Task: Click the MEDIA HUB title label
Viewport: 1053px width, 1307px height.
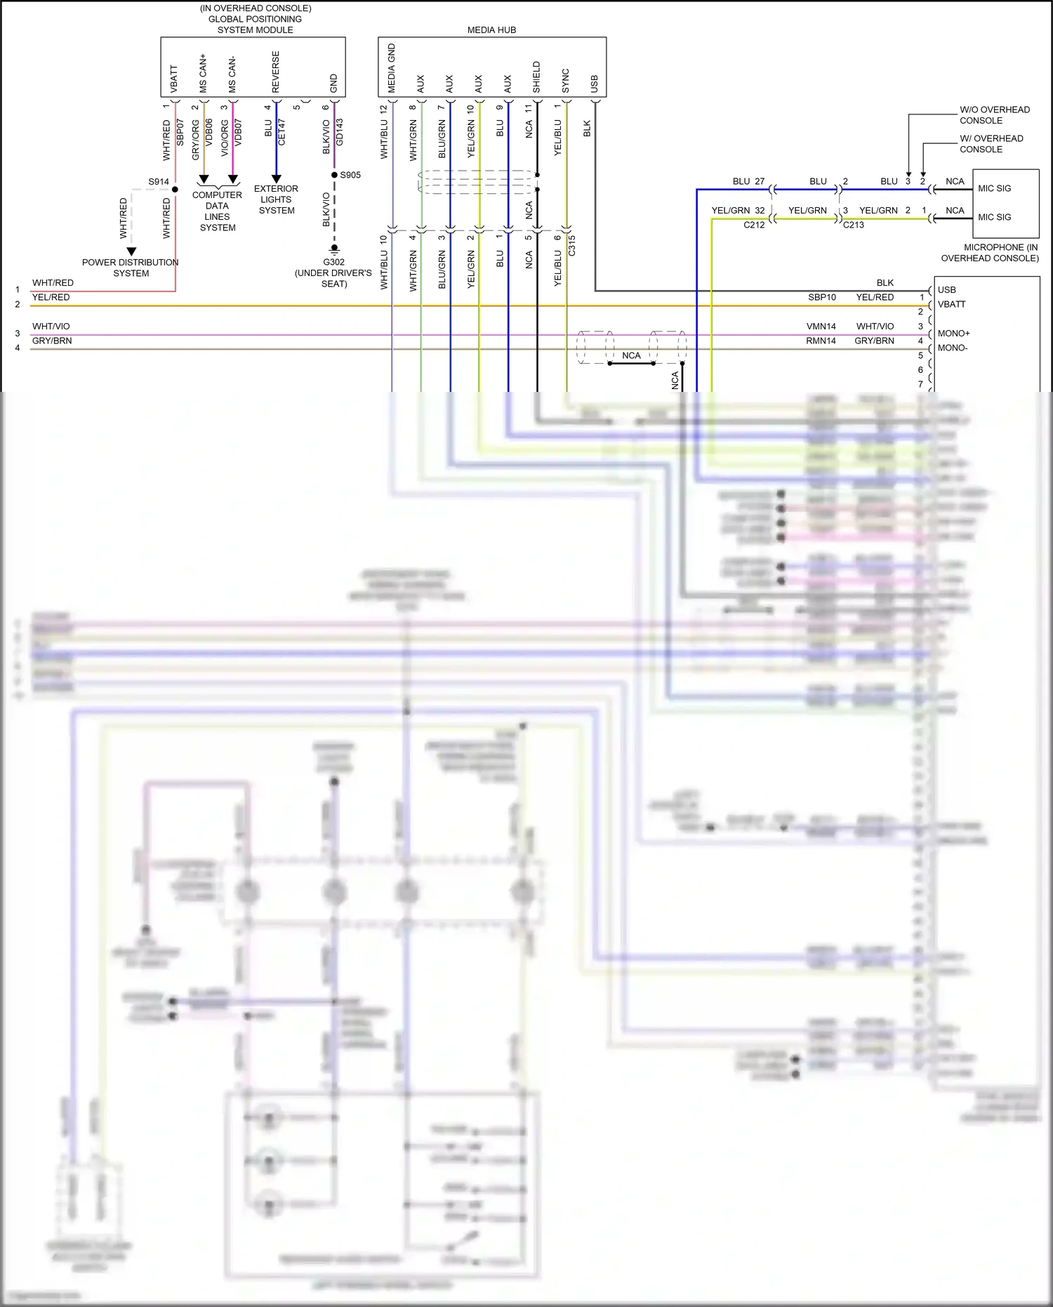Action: [491, 30]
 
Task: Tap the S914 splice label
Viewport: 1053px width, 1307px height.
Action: [159, 182]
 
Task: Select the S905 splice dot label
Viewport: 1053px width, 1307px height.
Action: [350, 175]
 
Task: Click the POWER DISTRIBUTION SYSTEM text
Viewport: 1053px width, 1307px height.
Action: [131, 268]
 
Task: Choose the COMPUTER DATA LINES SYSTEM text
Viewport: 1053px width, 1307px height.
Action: [218, 211]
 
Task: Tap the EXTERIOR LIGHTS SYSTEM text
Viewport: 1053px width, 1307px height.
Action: [276, 199]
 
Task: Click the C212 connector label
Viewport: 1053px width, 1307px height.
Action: [754, 225]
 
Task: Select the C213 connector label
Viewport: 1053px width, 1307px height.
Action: [853, 225]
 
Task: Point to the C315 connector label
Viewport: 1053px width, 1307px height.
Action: [572, 245]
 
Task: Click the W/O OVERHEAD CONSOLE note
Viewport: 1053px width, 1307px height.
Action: [994, 115]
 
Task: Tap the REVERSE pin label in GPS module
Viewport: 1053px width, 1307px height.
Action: [276, 72]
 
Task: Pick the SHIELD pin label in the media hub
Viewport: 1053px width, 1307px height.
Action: [537, 77]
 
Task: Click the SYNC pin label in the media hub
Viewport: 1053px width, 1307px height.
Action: [566, 81]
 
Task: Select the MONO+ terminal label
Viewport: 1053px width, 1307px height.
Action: [953, 334]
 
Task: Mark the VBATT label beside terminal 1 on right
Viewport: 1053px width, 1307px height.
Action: [951, 304]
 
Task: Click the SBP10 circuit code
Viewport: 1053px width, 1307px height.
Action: [821, 297]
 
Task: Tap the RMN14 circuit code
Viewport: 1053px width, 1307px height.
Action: [821, 341]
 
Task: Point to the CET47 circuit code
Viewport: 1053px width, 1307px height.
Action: [282, 132]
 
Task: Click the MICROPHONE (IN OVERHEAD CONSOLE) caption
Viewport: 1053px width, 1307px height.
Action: [989, 253]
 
